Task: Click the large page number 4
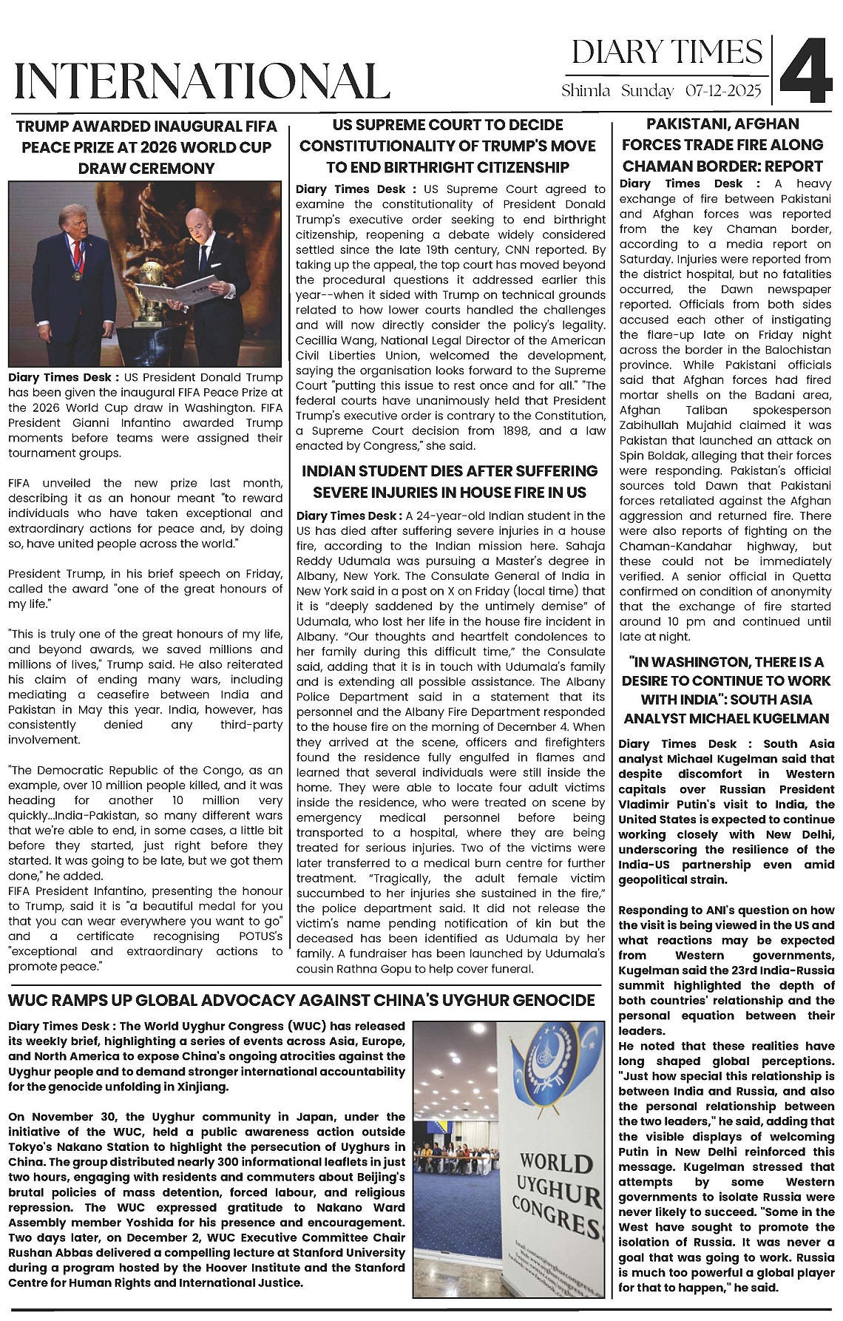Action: [807, 71]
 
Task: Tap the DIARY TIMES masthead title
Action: [666, 52]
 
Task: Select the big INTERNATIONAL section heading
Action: [202, 80]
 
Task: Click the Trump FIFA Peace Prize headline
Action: [146, 147]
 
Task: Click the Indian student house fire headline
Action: [450, 482]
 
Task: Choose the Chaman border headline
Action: [722, 145]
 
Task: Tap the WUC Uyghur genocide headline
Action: [301, 1001]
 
